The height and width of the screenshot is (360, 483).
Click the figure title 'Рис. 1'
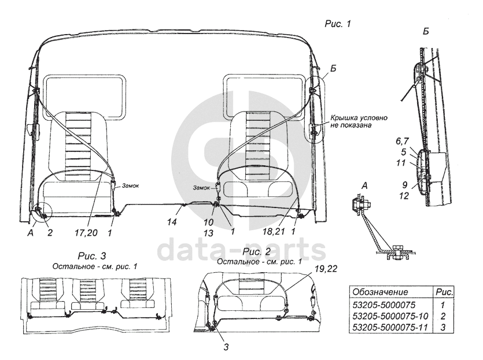coord(338,24)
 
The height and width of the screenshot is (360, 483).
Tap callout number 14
coord(172,222)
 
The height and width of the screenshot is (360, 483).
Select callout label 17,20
coord(86,233)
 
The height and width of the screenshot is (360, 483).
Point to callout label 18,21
coord(274,232)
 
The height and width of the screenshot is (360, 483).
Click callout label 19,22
coord(326,269)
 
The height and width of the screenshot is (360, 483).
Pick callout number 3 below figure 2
coord(226,347)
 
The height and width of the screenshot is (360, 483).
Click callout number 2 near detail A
coord(50,233)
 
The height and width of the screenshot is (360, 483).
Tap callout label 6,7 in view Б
coord(402,141)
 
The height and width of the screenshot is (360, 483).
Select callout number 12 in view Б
coord(404,196)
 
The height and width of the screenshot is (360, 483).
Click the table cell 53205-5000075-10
coord(390,316)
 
